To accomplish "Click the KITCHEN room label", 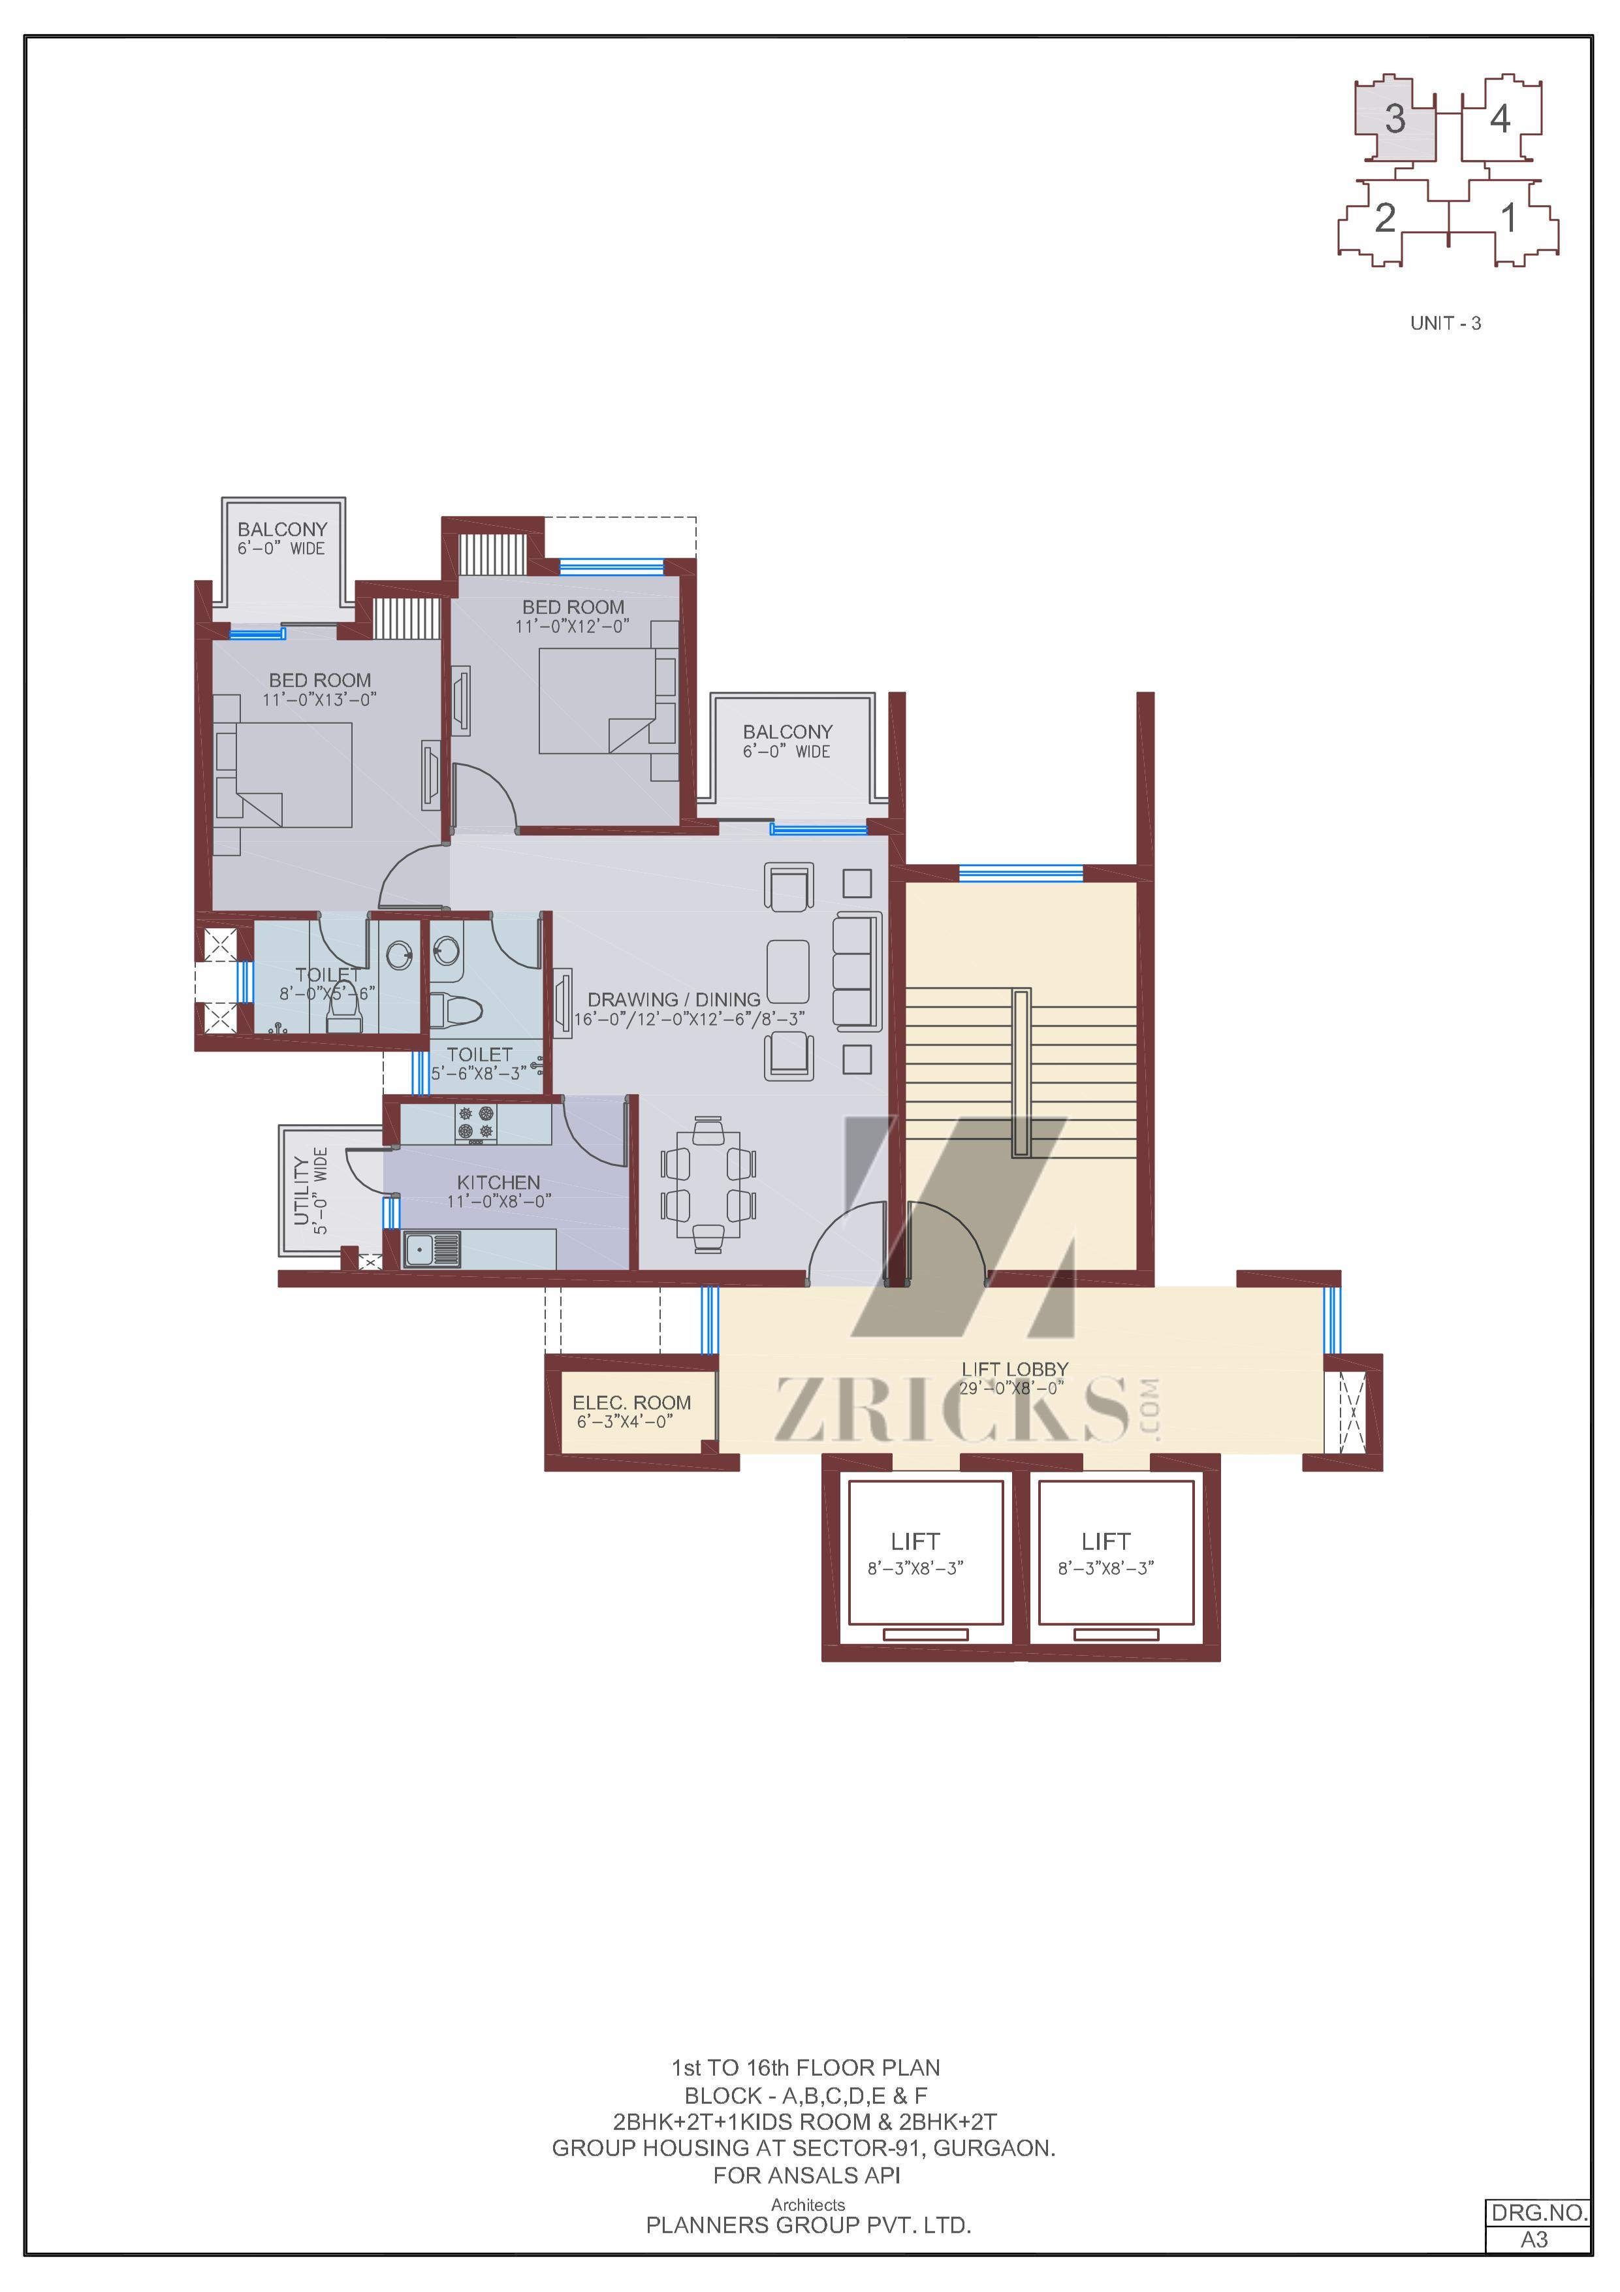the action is (x=498, y=1182).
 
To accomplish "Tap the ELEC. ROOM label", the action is (x=631, y=1402).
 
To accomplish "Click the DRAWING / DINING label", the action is (x=674, y=999).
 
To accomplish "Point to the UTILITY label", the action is (x=302, y=1190).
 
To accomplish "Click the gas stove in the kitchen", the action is (x=476, y=1122).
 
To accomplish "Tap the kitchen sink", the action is (x=431, y=1249).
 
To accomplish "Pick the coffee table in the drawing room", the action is (x=787, y=971).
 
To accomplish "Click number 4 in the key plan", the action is (x=1499, y=119).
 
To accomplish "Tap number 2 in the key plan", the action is (x=1384, y=217).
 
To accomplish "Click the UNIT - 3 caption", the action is (x=1445, y=323).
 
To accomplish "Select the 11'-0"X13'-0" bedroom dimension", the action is (x=319, y=700).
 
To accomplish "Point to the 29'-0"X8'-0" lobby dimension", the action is (x=1011, y=1387).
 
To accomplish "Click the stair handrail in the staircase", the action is (x=1021, y=1073).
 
